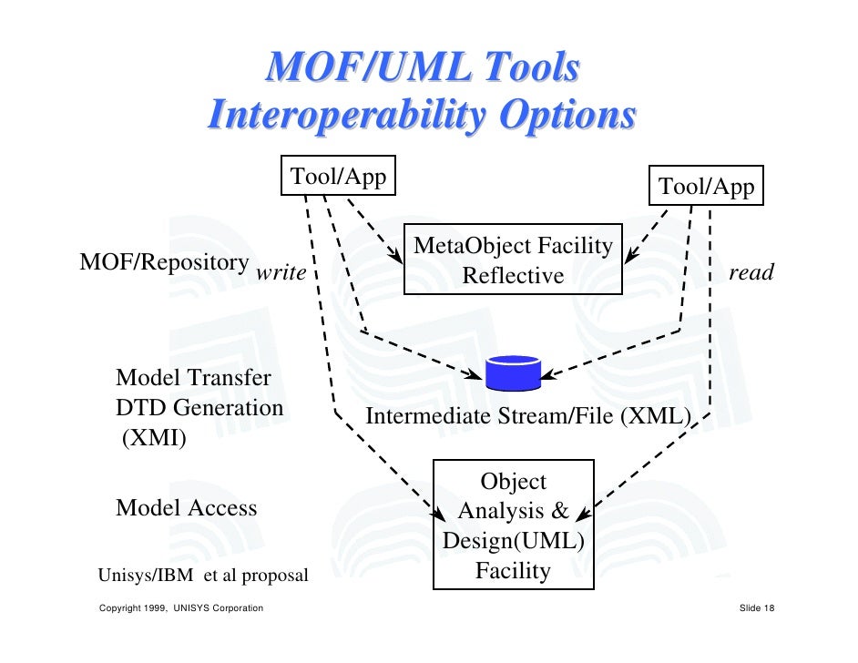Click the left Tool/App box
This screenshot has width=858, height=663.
[339, 177]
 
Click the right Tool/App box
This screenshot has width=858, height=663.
[706, 187]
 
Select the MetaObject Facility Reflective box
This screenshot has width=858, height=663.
[513, 260]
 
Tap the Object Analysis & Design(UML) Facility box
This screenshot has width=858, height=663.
[514, 525]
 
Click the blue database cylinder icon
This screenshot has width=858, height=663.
[514, 372]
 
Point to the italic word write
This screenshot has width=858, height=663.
[281, 272]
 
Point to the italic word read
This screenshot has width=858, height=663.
[751, 272]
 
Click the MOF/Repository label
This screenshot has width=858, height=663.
[165, 262]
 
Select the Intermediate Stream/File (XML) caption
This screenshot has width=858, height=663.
[528, 416]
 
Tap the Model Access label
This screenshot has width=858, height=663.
[187, 507]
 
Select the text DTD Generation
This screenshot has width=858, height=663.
[200, 408]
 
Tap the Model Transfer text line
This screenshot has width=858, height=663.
[194, 377]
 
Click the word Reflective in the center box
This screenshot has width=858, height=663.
[513, 275]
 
